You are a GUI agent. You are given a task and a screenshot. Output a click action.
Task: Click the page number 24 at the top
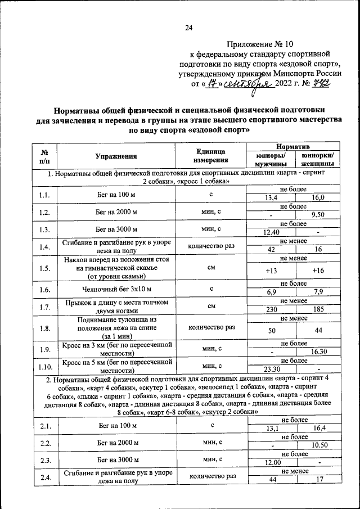tap(188, 29)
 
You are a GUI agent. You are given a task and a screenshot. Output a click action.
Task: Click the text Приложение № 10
tap(260, 44)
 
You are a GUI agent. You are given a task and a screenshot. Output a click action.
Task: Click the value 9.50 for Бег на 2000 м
tap(318, 215)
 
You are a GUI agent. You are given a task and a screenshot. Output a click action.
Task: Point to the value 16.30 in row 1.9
tap(318, 352)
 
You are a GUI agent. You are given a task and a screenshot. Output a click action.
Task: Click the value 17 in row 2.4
tap(318, 480)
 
